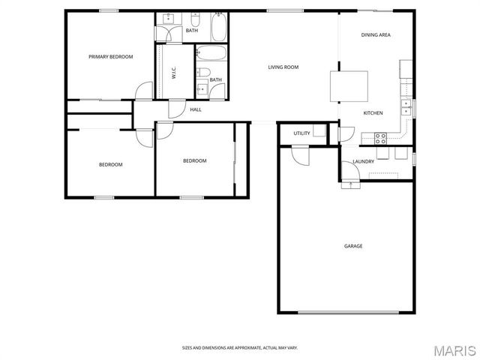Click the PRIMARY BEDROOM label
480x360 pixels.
(x=110, y=57)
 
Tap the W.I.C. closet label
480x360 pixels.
(x=173, y=72)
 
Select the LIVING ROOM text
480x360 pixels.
(x=283, y=67)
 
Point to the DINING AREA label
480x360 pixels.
(x=376, y=35)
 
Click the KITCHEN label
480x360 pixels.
(x=373, y=113)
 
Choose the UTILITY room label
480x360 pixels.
(x=301, y=133)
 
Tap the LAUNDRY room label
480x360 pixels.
(x=363, y=161)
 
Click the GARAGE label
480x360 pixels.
(x=353, y=246)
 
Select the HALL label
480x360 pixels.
(x=195, y=110)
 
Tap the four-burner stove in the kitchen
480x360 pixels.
(x=380, y=137)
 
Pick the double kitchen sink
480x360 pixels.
(x=406, y=106)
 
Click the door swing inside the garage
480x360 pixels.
(x=299, y=156)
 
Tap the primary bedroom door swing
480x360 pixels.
(x=141, y=91)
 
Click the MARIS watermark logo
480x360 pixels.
(x=454, y=350)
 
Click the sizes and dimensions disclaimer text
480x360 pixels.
(x=239, y=347)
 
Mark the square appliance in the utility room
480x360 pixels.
(x=319, y=131)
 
